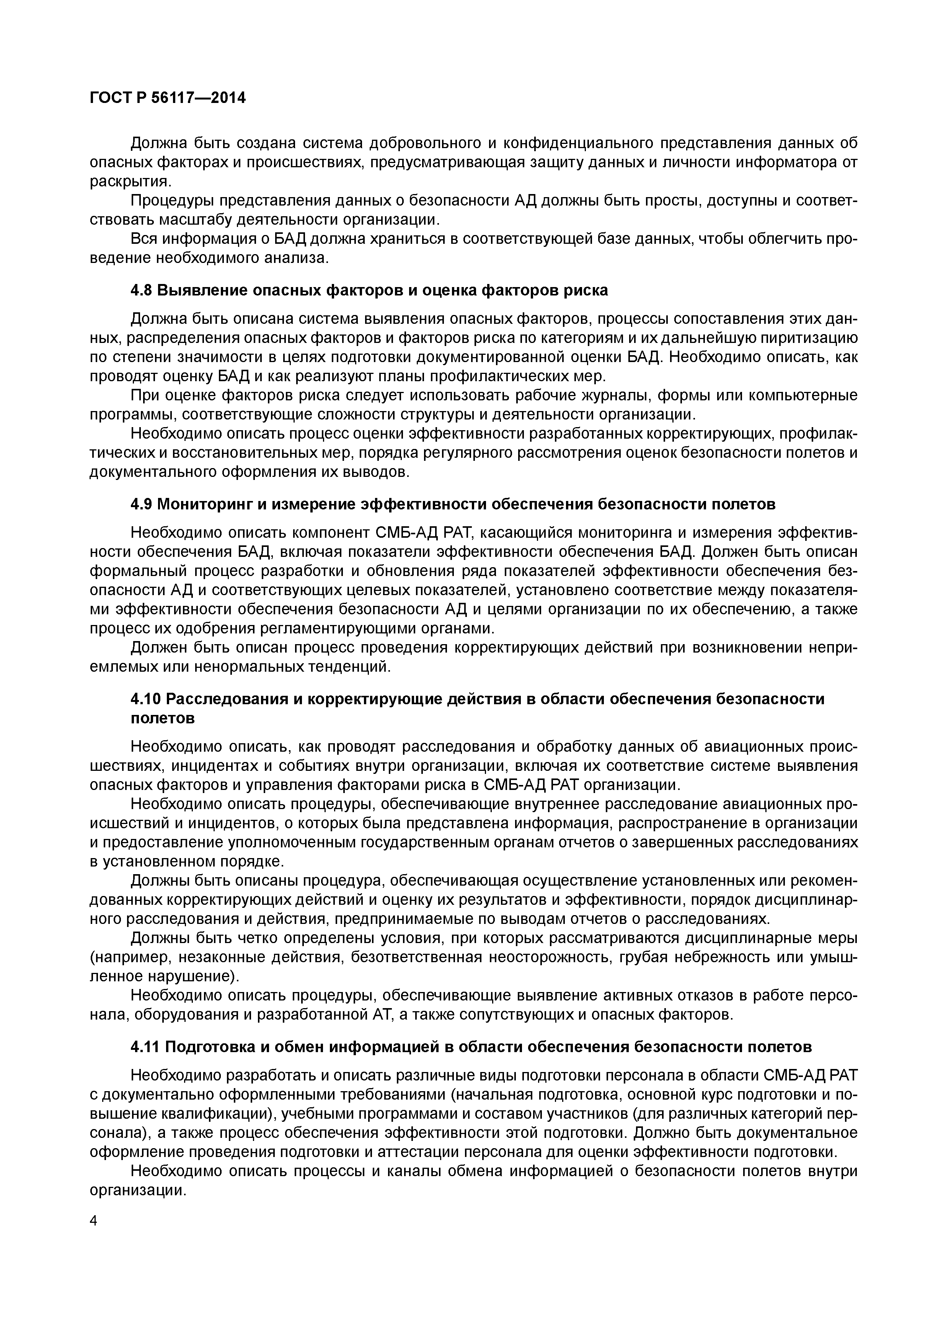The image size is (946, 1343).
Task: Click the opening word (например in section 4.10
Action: [129, 958]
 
